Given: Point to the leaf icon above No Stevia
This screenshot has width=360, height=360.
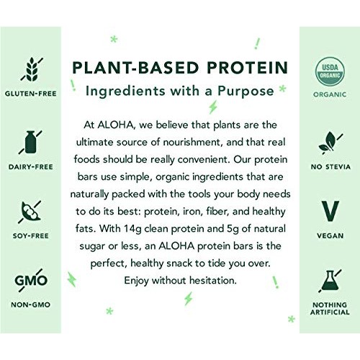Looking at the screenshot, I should pyautogui.click(x=330, y=141).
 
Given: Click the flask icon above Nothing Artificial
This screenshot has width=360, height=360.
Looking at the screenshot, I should pyautogui.click(x=330, y=282).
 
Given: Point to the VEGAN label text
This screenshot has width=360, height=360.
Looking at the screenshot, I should pyautogui.click(x=330, y=235).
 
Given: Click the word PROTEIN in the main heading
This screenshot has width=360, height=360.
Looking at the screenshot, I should pyautogui.click(x=243, y=68).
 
